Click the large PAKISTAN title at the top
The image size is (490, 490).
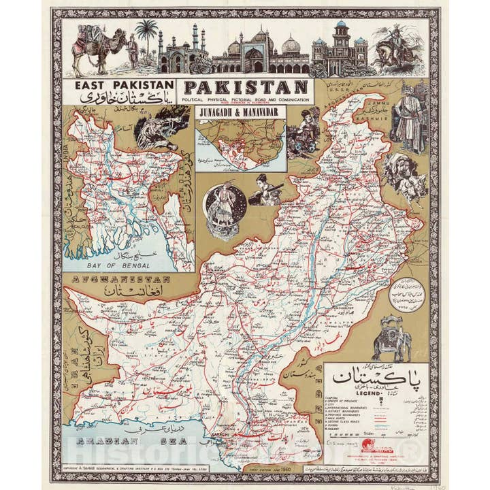[246, 88]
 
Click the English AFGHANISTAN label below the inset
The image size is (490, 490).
[116, 280]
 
